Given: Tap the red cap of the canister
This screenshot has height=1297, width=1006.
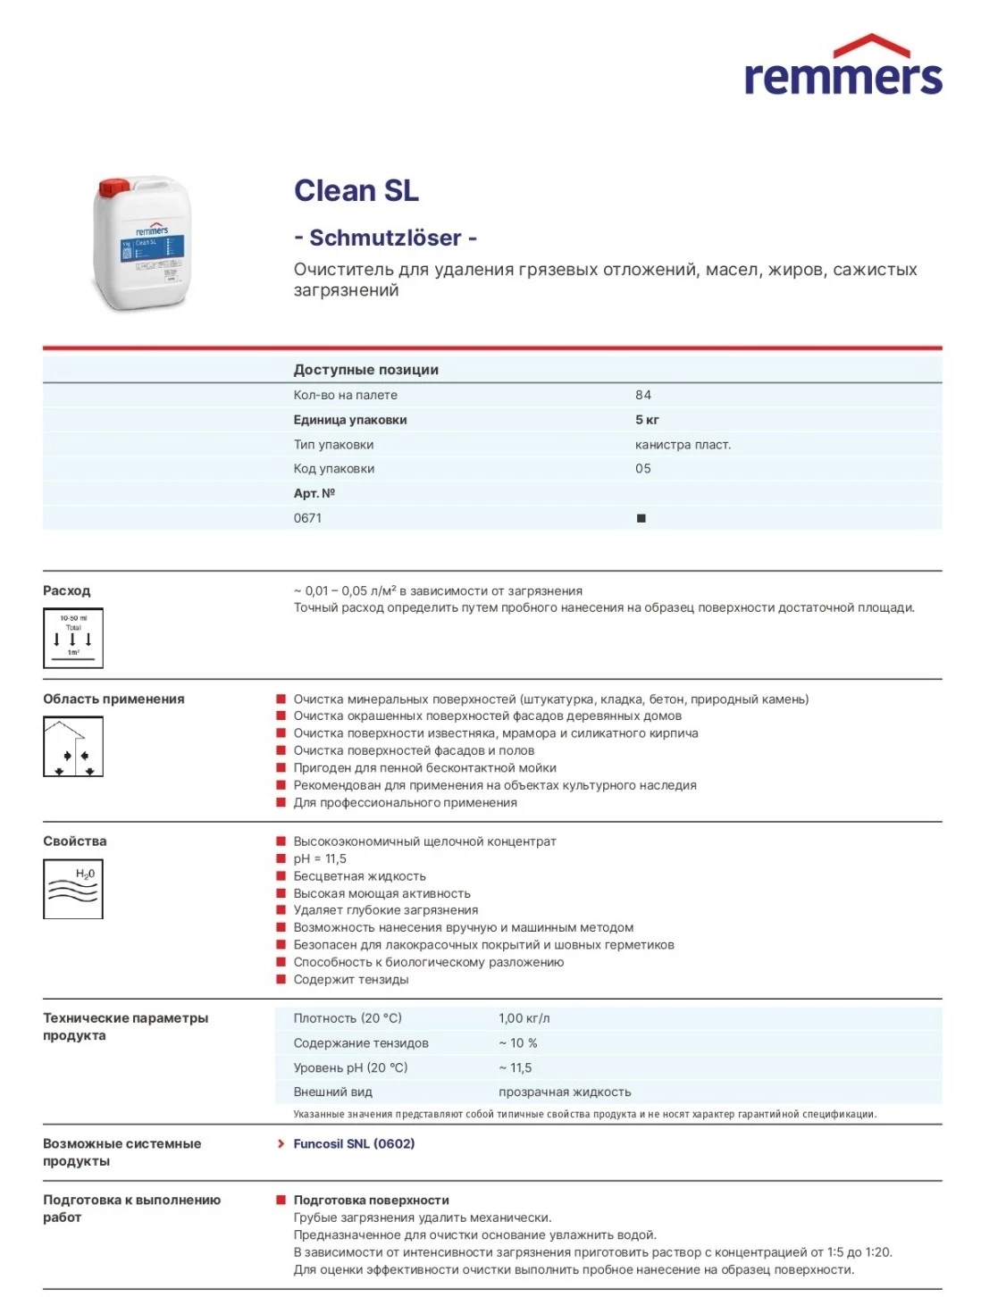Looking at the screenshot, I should pos(113,188).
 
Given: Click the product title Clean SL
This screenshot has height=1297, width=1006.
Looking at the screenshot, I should pos(356,190).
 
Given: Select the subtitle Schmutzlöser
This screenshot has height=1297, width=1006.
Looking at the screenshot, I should pos(385,238).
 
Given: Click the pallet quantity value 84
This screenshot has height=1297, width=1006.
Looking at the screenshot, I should pos(643,395).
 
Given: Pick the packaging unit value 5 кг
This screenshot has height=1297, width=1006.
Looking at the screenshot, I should pos(647,420).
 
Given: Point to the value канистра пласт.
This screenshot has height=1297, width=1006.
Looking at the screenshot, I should pos(683,445).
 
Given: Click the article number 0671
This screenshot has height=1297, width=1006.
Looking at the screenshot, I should pos(307,518).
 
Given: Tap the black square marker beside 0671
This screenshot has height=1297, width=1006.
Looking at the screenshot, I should pos(641,518).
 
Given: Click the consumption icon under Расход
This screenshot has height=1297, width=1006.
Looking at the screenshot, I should pos(73,638).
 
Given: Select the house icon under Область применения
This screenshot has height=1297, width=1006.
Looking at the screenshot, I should pos(73,747).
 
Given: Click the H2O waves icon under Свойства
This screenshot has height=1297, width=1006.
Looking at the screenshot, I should pos(73,888).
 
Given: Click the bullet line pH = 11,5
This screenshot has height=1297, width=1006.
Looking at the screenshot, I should pos(320,858).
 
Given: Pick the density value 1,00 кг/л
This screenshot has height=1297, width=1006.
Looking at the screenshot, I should pos(524,1018).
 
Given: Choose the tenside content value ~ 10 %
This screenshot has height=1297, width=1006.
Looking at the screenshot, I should pos(518,1043).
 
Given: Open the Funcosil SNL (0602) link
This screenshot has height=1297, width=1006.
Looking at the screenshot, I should pos(354,1143).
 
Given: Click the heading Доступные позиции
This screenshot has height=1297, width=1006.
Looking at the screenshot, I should pos(365,370).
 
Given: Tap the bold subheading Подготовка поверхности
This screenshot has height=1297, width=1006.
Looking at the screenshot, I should pos(371,1200).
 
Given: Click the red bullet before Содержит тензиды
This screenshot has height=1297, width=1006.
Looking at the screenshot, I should pos(281,979).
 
